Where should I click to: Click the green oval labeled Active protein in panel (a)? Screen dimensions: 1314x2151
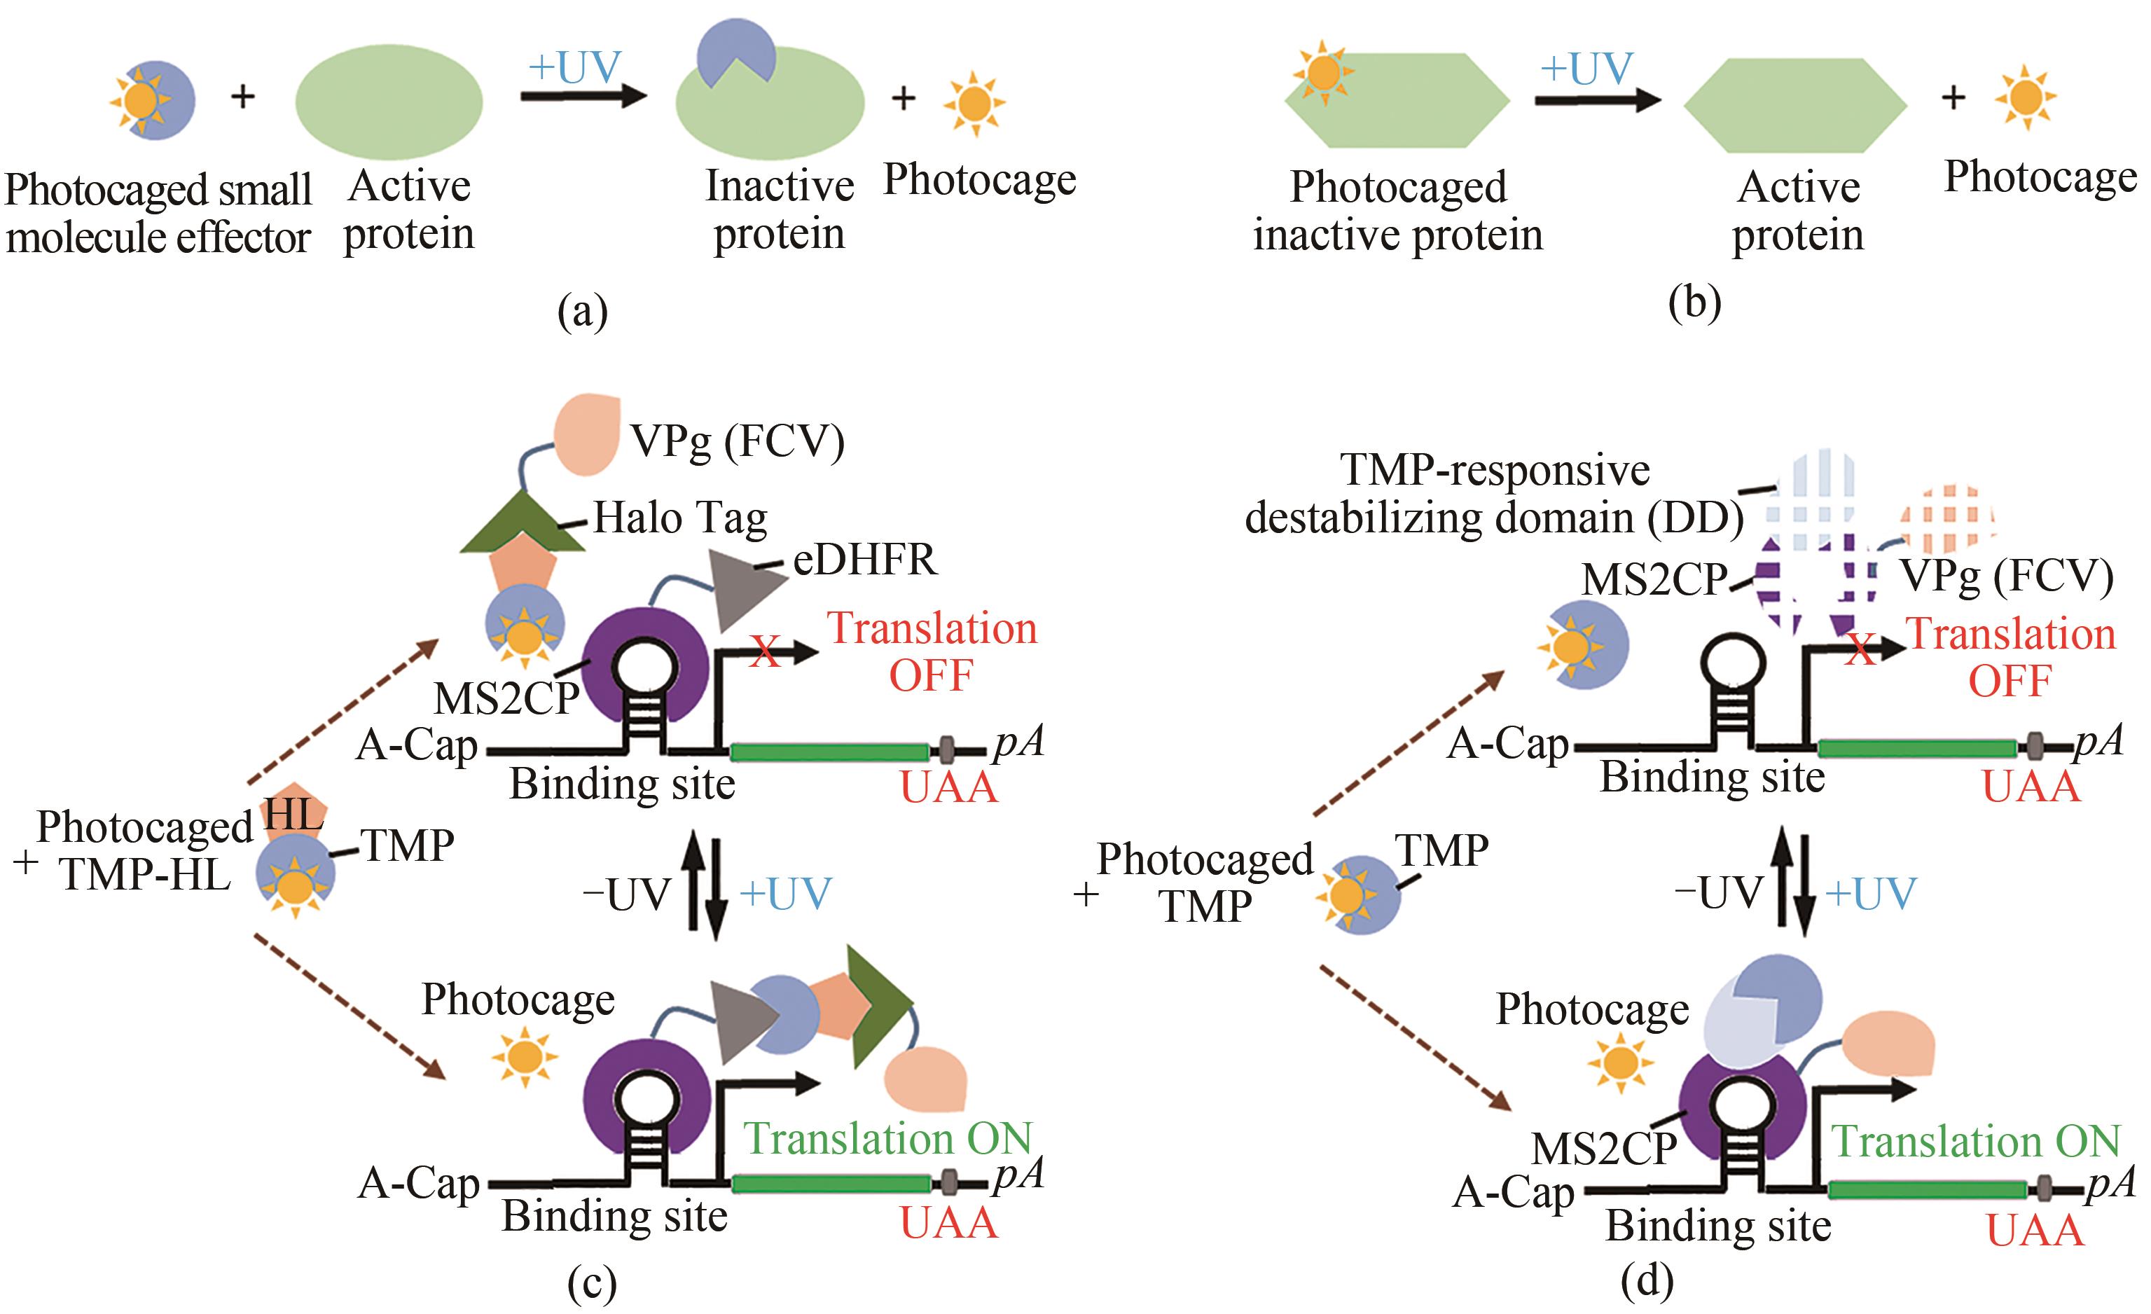point(389,102)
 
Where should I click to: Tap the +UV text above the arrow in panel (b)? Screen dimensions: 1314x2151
point(1585,68)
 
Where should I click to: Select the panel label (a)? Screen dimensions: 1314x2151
point(582,311)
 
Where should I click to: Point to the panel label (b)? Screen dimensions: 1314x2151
point(1694,303)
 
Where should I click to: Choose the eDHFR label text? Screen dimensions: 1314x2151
point(864,560)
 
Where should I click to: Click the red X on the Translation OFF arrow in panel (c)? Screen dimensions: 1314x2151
point(765,651)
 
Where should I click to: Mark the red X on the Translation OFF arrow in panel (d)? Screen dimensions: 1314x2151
point(1860,649)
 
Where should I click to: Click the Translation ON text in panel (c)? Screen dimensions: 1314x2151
point(887,1138)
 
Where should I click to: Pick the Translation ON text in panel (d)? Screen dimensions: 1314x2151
point(1974,1140)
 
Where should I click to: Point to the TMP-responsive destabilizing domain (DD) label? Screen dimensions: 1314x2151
point(1495,495)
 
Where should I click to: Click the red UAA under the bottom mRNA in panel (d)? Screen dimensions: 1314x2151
point(2034,1231)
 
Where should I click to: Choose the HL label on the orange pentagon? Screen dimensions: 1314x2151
point(293,814)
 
